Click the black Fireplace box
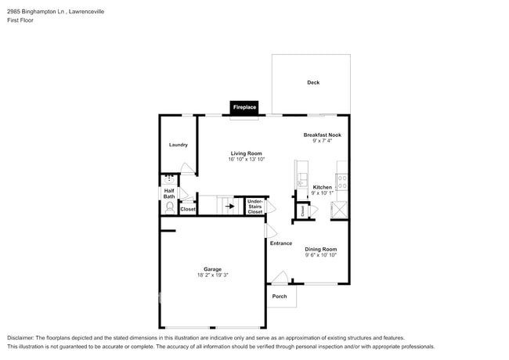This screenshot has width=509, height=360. click(x=244, y=107)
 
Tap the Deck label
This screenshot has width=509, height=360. click(x=313, y=82)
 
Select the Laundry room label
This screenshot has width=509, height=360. click(x=178, y=145)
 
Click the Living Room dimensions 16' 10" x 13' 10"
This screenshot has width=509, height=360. click(x=246, y=160)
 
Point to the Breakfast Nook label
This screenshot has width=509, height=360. click(x=323, y=135)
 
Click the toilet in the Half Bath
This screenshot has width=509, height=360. click(x=169, y=207)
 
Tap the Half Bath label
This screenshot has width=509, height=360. click(x=168, y=193)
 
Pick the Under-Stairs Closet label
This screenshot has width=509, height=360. click(x=255, y=207)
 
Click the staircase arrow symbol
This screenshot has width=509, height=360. click(x=229, y=207)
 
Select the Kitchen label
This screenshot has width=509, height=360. click(x=322, y=187)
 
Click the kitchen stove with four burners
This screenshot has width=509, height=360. click(x=342, y=182)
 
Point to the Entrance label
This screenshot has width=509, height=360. click(x=281, y=243)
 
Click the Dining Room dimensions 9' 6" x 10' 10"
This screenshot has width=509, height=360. click(x=321, y=255)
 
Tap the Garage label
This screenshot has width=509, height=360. click(x=213, y=268)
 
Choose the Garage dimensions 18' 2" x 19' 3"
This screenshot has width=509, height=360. click(x=213, y=275)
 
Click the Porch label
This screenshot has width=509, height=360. click(x=280, y=296)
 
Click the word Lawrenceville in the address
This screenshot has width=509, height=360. click(x=84, y=12)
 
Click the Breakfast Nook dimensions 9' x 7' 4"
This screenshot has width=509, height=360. click(x=323, y=141)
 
